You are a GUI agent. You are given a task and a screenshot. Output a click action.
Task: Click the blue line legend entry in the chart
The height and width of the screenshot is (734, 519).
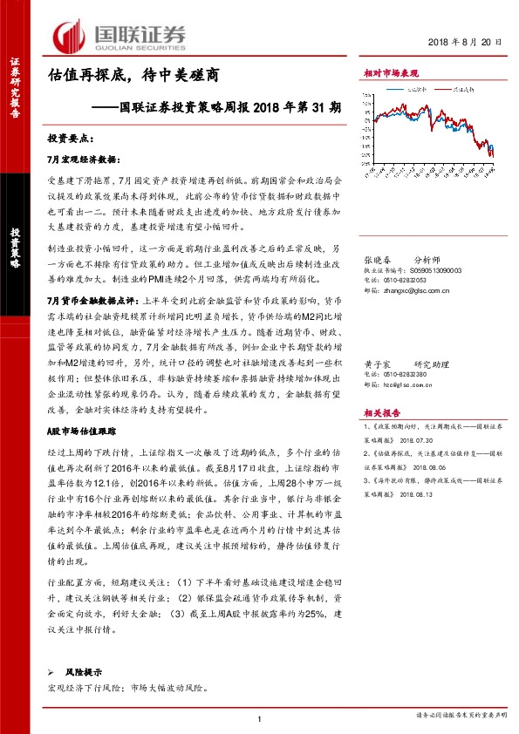coord(411,89)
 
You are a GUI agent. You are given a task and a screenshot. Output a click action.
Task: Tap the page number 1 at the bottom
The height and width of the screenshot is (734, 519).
coord(260,717)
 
